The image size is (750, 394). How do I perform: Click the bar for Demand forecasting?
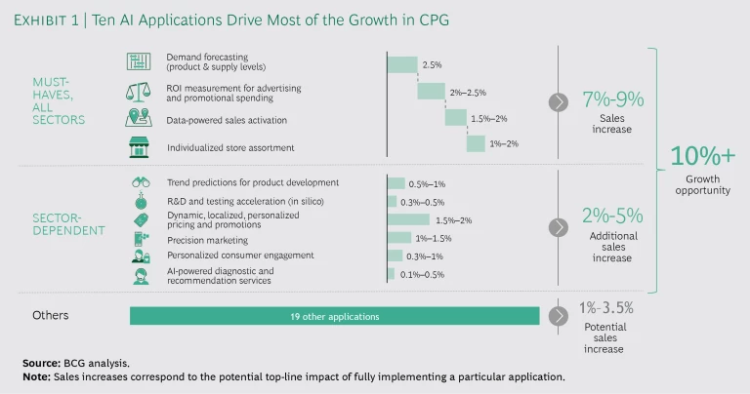tap(402, 64)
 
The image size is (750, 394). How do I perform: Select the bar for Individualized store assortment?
tap(476, 144)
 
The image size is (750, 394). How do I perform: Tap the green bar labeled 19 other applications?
tap(334, 316)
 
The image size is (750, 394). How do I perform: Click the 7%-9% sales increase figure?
tap(612, 99)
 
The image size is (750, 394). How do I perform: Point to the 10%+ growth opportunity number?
tap(702, 156)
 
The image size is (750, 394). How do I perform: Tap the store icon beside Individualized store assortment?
tap(139, 147)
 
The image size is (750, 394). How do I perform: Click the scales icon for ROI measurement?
tap(139, 92)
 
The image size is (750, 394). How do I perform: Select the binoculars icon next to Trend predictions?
tap(140, 182)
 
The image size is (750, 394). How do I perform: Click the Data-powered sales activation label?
tap(226, 119)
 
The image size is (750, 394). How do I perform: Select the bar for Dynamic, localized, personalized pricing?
tap(408, 219)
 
